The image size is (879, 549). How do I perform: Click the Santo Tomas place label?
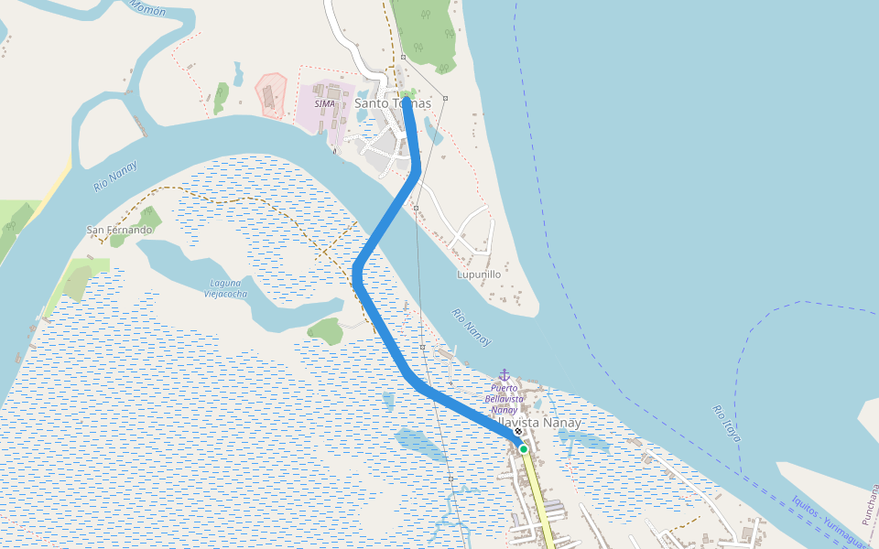point(392,103)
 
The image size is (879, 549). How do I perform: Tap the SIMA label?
point(324,103)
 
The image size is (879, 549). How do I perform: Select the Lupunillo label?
point(479,274)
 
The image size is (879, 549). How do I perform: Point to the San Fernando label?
point(119,230)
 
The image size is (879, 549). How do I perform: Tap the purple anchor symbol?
point(504,375)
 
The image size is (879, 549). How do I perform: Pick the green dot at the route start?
point(524,449)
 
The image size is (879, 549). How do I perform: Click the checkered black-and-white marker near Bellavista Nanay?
point(518,432)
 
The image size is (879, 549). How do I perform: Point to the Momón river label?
point(147,8)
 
